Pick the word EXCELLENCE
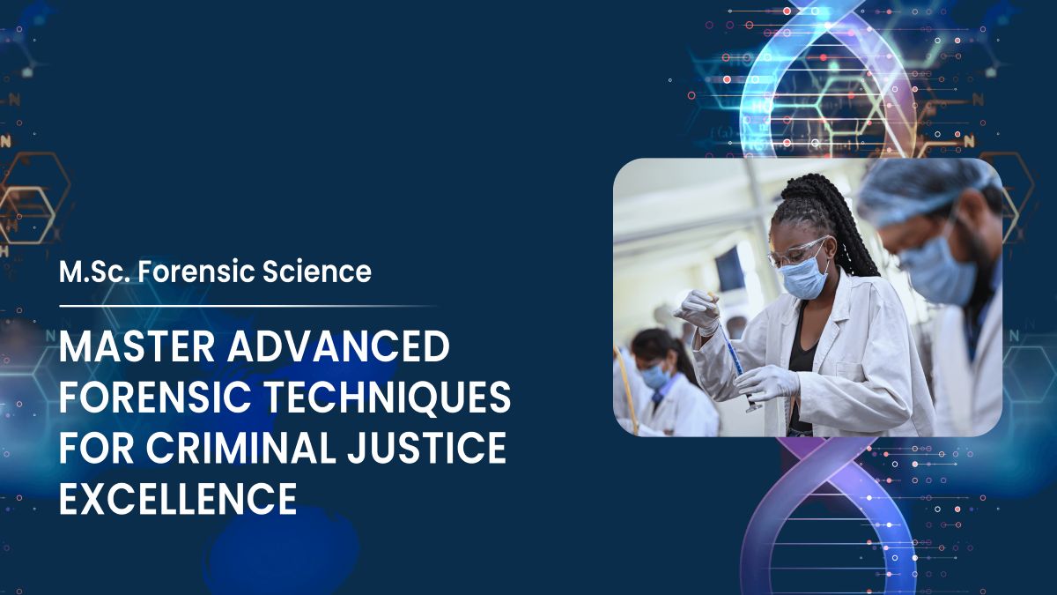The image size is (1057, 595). pyautogui.click(x=177, y=499)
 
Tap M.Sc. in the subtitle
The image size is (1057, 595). pyautogui.click(x=88, y=272)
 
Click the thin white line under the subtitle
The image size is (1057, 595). pyautogui.click(x=247, y=306)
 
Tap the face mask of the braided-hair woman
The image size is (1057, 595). pyautogui.click(x=804, y=278)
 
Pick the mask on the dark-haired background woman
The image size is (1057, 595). pyautogui.click(x=654, y=375)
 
